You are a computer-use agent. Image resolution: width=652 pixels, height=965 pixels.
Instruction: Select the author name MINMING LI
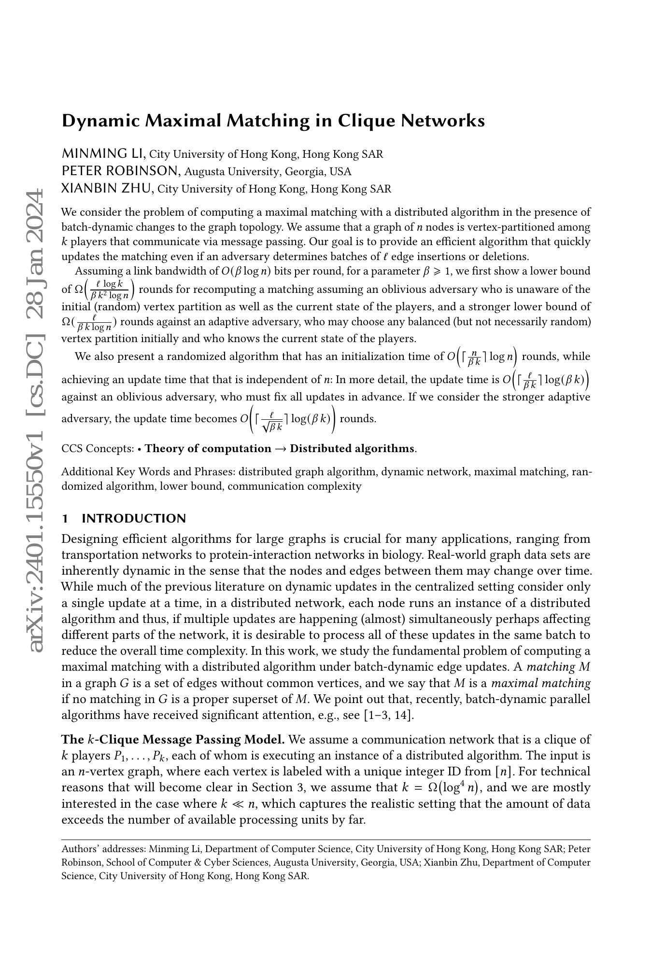click(x=103, y=154)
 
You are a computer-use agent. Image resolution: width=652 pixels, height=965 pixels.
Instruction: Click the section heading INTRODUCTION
click(x=134, y=518)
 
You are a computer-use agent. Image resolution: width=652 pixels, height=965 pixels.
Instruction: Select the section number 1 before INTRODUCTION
click(x=65, y=518)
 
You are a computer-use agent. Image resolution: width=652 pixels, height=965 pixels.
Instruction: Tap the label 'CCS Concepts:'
click(x=98, y=448)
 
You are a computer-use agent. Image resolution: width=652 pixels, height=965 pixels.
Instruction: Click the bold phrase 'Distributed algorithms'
click(x=352, y=448)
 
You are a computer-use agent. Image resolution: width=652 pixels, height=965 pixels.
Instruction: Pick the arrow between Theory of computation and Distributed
click(x=280, y=448)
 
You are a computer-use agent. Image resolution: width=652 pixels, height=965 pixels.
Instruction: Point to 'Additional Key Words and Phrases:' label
click(x=148, y=471)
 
